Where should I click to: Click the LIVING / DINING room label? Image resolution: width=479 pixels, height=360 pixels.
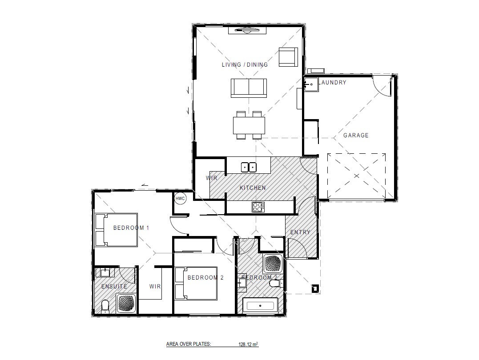tap(245, 64)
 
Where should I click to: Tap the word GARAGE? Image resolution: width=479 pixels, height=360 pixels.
tap(356, 135)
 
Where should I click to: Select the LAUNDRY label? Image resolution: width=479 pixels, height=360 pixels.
tap(333, 83)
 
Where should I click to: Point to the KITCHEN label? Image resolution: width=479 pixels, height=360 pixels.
tap(253, 188)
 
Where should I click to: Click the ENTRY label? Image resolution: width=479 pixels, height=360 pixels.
tap(300, 232)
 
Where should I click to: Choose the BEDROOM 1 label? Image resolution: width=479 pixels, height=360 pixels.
tap(131, 228)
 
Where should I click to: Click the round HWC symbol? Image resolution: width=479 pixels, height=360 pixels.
tap(180, 199)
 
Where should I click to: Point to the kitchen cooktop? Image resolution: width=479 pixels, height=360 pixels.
tap(258, 206)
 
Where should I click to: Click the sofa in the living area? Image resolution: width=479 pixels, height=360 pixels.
tap(249, 88)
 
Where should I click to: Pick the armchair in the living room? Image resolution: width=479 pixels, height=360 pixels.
tap(287, 57)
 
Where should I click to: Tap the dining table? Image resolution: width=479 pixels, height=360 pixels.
tap(249, 125)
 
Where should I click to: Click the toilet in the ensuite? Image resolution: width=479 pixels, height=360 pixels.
tap(105, 307)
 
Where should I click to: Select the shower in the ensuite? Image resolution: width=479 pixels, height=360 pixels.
tap(127, 304)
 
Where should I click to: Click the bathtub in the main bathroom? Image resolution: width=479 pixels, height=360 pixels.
tap(260, 306)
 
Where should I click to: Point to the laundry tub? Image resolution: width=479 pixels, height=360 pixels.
tap(311, 84)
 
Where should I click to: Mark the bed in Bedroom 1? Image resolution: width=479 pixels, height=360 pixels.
tap(117, 230)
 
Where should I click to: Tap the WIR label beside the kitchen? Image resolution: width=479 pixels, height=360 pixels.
tap(211, 178)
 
